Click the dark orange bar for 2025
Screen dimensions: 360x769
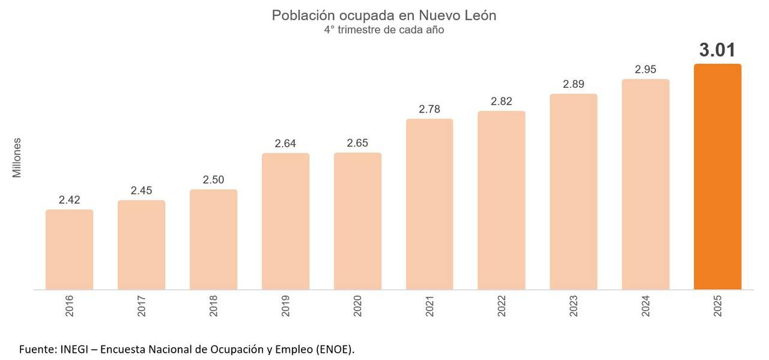[717, 177]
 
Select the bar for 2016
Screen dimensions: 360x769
[69, 249]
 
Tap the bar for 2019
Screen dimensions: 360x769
[285, 221]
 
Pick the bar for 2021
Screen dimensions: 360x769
[430, 204]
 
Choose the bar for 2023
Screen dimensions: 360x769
[573, 192]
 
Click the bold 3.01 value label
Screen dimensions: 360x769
[717, 50]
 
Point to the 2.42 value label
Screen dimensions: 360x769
[69, 200]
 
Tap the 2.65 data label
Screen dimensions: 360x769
[357, 143]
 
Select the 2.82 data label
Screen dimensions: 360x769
[501, 102]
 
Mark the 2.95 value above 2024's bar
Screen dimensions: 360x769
[645, 70]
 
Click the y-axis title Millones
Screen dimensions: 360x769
[17, 157]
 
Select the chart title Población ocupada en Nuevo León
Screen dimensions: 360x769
[384, 15]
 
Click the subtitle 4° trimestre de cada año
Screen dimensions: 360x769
[384, 29]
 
